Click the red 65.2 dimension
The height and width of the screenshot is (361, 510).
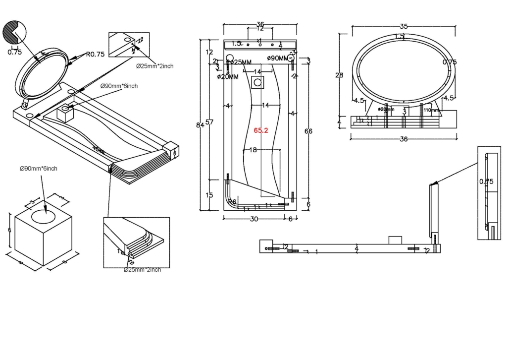(261, 130)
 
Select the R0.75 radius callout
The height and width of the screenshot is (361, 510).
(95, 55)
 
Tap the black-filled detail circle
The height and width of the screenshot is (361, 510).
(13, 33)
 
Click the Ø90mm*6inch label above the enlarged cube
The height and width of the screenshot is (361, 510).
(39, 169)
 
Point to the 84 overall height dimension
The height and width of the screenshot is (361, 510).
(200, 125)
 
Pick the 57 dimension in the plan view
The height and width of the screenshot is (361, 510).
(209, 122)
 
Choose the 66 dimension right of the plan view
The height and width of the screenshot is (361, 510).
(308, 131)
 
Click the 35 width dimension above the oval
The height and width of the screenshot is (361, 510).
(404, 26)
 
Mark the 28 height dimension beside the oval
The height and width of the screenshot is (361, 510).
(339, 75)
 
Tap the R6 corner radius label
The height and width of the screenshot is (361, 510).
(232, 202)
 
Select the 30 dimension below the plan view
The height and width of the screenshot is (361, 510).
(254, 219)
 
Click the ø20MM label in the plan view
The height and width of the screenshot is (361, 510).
(228, 76)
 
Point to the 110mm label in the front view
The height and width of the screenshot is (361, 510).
(431, 110)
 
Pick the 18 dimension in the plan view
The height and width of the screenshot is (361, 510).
(253, 150)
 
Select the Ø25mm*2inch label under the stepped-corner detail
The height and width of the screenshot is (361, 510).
(142, 269)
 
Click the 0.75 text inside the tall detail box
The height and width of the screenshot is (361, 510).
(486, 181)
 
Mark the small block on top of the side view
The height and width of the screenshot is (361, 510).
(395, 240)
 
